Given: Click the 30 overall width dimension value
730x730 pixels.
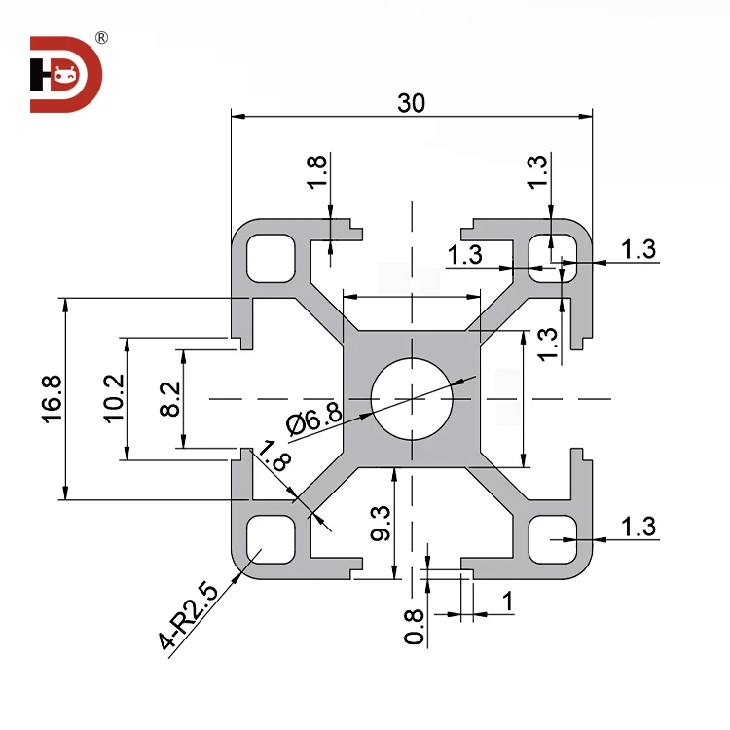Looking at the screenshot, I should (412, 102).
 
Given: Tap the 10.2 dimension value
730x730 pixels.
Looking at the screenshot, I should (113, 398).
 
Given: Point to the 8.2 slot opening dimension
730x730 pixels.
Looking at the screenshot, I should (168, 398).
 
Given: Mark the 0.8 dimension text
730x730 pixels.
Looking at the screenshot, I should (415, 626).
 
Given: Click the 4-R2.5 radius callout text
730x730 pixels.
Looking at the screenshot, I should (187, 617).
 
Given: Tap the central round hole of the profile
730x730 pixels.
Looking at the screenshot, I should (412, 398).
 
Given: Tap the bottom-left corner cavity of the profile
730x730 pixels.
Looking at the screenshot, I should (270, 539).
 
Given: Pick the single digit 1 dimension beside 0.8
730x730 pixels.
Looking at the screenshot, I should (506, 602).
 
